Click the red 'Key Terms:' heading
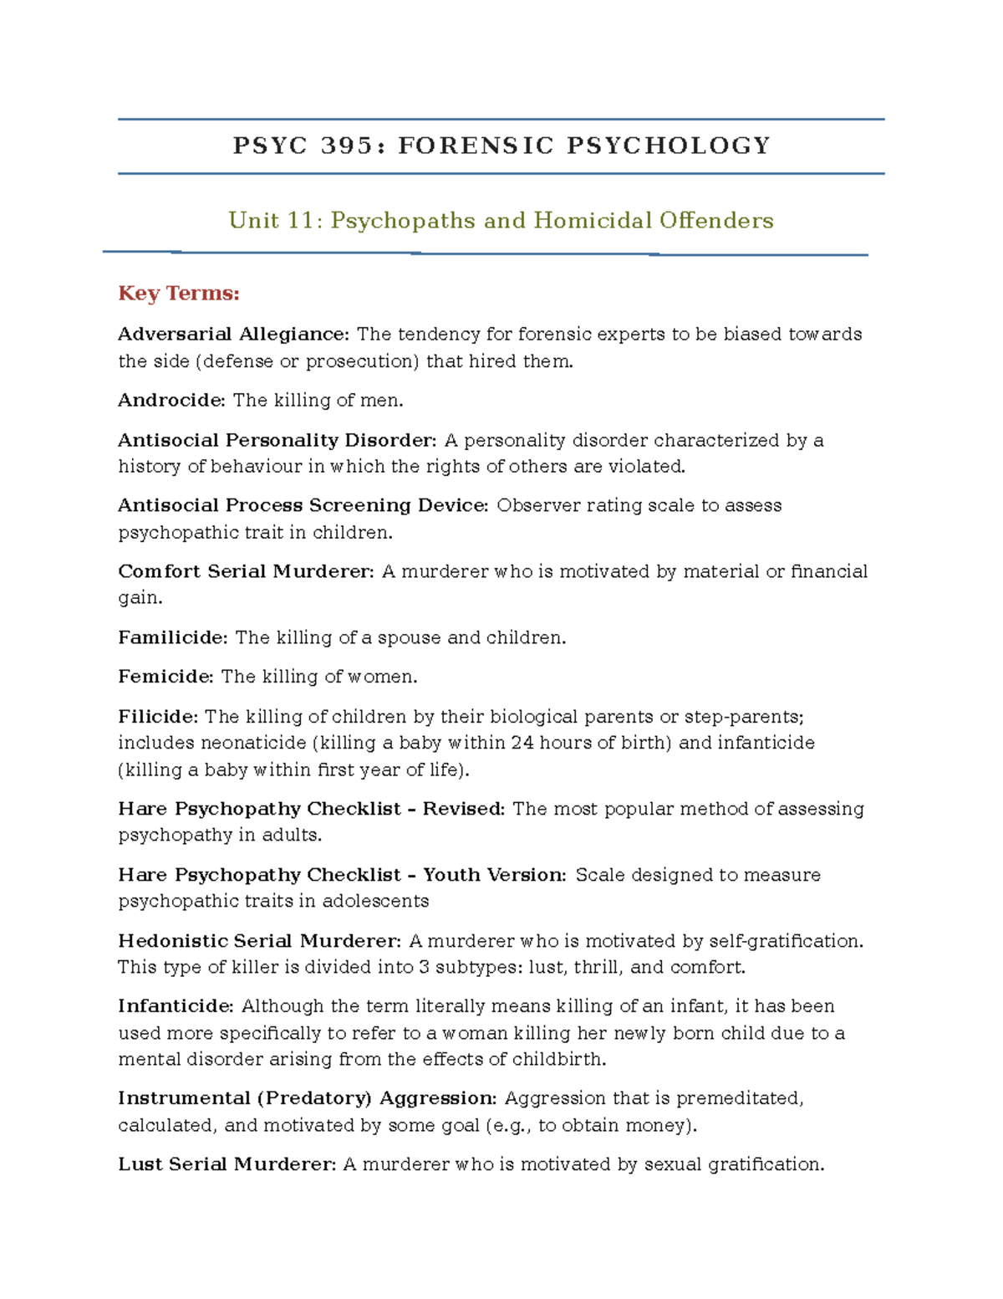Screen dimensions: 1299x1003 (x=179, y=294)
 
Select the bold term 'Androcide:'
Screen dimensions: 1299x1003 (x=171, y=401)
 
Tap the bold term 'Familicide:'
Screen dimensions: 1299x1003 (x=172, y=637)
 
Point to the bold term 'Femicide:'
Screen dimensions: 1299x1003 (x=165, y=677)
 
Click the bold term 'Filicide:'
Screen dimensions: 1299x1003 (x=158, y=717)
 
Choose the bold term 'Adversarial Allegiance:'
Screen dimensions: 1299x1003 (x=233, y=335)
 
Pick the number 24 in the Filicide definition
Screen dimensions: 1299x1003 (x=522, y=743)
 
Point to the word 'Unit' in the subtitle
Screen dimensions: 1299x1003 (x=254, y=221)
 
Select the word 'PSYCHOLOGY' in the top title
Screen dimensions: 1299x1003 (x=669, y=146)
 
